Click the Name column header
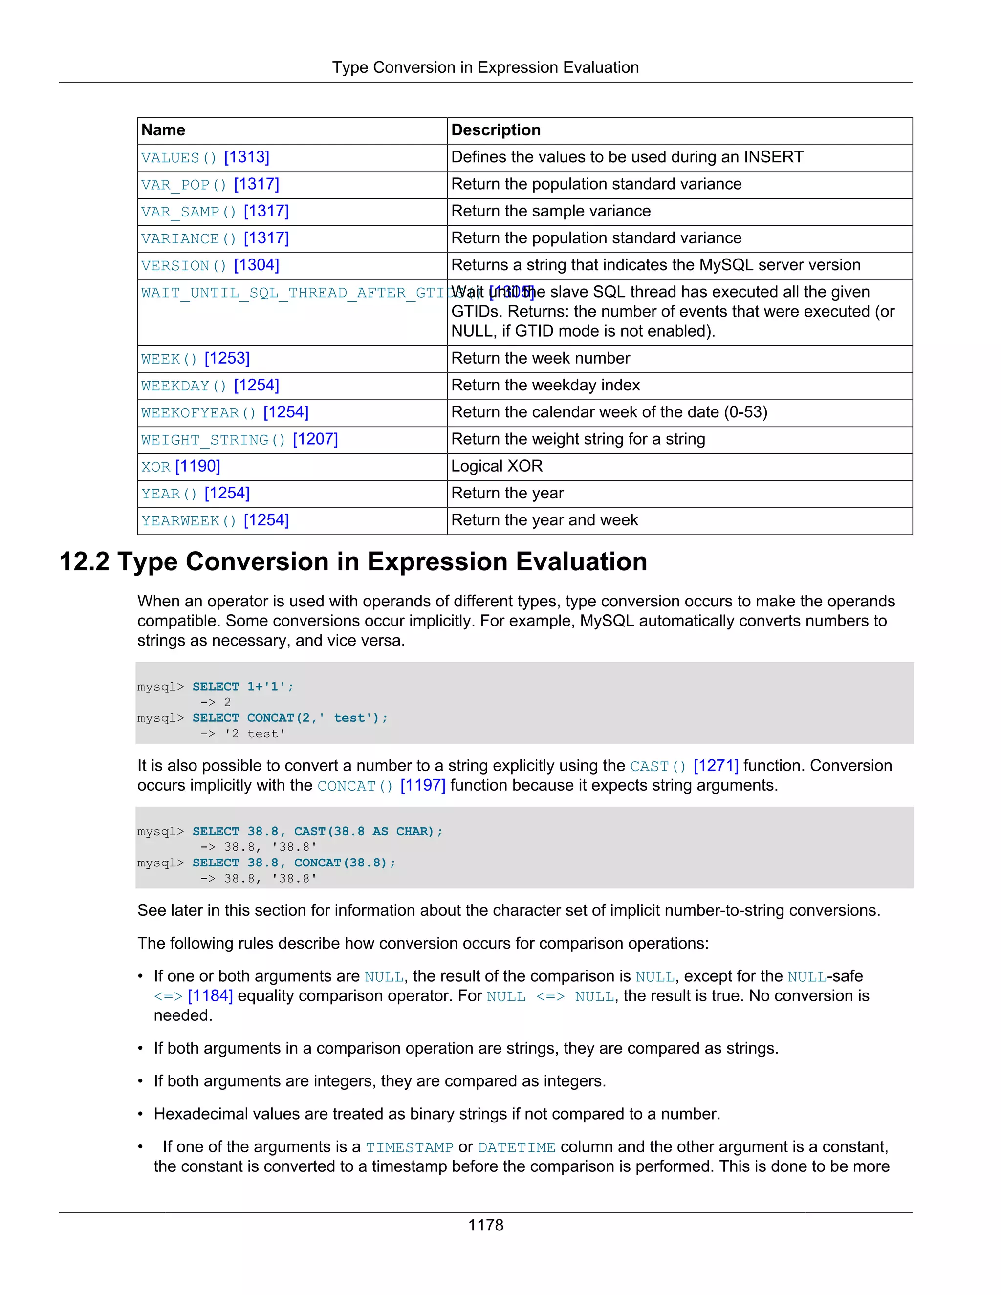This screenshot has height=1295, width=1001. click(x=163, y=130)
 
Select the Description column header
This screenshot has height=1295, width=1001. click(x=495, y=130)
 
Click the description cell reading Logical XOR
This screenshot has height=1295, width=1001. click(x=497, y=466)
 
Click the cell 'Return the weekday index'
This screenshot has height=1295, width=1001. click(x=545, y=386)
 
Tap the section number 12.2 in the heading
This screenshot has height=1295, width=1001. click(x=84, y=561)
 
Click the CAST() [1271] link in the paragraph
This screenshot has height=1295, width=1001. click(x=684, y=766)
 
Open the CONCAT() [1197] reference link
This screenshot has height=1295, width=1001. click(x=381, y=786)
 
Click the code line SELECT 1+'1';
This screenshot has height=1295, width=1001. click(x=242, y=687)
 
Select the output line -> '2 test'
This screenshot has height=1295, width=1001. click(x=242, y=734)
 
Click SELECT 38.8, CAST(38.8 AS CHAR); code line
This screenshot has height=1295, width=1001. click(x=317, y=831)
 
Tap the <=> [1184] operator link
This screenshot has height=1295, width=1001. click(x=193, y=996)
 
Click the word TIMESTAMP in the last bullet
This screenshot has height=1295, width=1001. click(x=409, y=1147)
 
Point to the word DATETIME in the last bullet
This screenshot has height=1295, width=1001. click(x=516, y=1147)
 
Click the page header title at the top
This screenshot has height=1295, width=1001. click(x=485, y=67)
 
